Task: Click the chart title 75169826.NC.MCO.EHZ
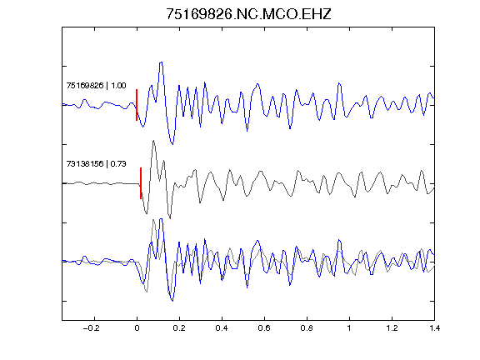click(x=248, y=14)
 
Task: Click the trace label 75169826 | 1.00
click(x=96, y=85)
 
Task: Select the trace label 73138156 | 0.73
click(x=96, y=164)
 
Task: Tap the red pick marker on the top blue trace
click(x=137, y=105)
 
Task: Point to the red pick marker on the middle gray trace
click(x=141, y=183)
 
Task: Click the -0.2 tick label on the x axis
click(x=92, y=328)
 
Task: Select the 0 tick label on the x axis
click(x=137, y=328)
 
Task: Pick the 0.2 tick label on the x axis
click(x=179, y=328)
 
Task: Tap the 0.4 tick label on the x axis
click(x=222, y=328)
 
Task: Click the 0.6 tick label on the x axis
click(x=264, y=328)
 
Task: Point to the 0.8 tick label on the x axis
click(x=307, y=328)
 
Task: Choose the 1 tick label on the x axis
click(x=349, y=328)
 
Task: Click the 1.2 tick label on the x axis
click(x=392, y=328)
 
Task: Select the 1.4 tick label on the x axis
click(x=434, y=328)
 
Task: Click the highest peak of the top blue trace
click(x=161, y=62)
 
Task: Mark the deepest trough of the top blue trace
click(x=172, y=144)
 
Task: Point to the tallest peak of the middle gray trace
click(x=153, y=141)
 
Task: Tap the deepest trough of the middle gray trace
click(x=170, y=218)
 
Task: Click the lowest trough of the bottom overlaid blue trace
click(x=172, y=301)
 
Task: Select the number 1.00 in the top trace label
click(x=118, y=85)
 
